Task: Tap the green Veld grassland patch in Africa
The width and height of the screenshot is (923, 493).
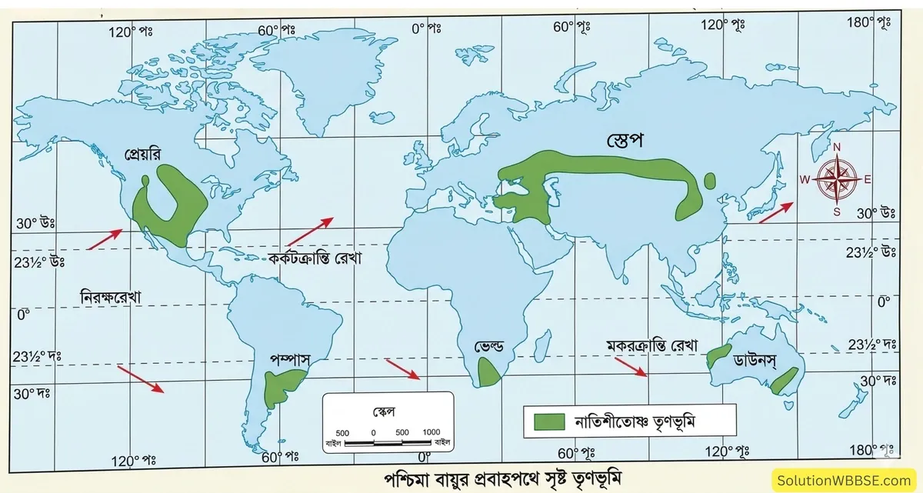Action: (488, 373)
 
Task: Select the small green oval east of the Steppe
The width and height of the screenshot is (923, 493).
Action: (709, 181)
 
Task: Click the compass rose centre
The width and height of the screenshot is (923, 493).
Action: (836, 178)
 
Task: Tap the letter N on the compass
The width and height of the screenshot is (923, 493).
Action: (837, 148)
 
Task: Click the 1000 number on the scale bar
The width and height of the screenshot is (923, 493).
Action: (431, 431)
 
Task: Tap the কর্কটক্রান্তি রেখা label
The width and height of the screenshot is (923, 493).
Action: (315, 258)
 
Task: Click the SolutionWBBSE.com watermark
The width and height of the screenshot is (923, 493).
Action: (847, 481)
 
